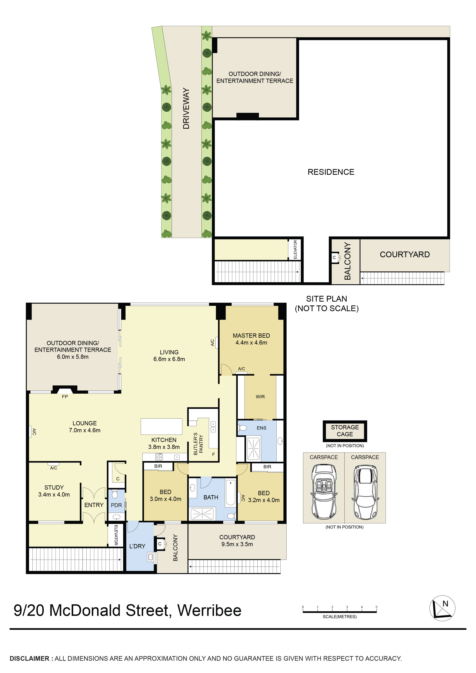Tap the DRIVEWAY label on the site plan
pyautogui.click(x=186, y=108)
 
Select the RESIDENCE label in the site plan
pyautogui.click(x=331, y=172)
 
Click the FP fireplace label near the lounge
pyautogui.click(x=65, y=397)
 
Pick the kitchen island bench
pyautogui.click(x=161, y=426)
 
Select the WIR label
pyautogui.click(x=260, y=397)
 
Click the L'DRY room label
pyautogui.click(x=137, y=546)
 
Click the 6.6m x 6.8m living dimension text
pyautogui.click(x=169, y=359)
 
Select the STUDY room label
pyautogui.click(x=54, y=487)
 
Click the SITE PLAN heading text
pyautogui.click(x=326, y=299)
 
